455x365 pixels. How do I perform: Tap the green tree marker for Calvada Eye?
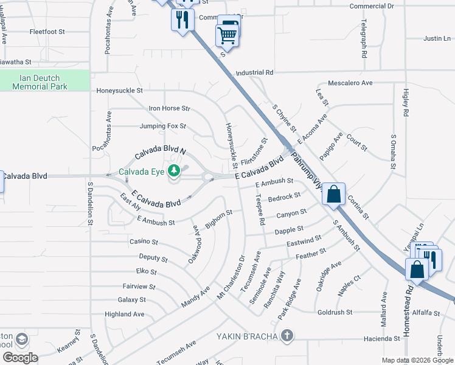coord(175,172)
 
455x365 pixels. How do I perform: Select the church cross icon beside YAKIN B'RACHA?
coord(287,336)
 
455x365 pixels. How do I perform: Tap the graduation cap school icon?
coord(21,339)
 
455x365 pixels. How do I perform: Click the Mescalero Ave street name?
coord(350,82)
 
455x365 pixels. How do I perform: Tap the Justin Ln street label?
coord(437,38)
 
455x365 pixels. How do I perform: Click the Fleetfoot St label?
coord(47,31)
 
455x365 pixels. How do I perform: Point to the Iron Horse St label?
coord(170,109)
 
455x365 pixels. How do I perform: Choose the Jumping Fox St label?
coord(162,127)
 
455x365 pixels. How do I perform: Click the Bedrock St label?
coord(284,196)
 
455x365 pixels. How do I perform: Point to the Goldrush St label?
coord(335,312)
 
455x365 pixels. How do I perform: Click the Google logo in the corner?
coord(19,358)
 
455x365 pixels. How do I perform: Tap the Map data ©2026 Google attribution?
coord(417,360)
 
